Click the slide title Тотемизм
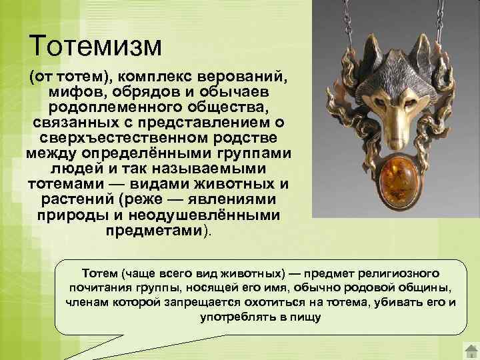point(96,45)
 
